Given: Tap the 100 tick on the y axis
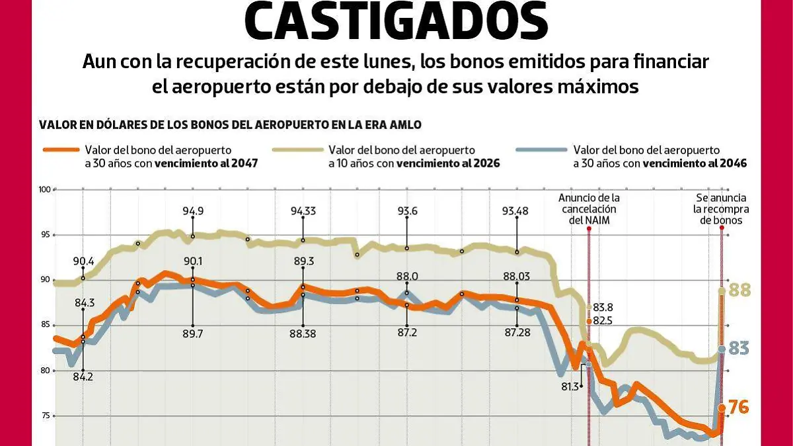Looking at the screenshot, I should pyautogui.click(x=44, y=190).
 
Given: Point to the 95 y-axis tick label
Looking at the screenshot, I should pyautogui.click(x=46, y=235).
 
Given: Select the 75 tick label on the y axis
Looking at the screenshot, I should pyautogui.click(x=46, y=416).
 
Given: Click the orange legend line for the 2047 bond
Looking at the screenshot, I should pyautogui.click(x=60, y=150).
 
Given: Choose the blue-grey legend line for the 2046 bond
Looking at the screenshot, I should pyautogui.click(x=549, y=150).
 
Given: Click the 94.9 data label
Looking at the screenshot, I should pyautogui.click(x=193, y=211).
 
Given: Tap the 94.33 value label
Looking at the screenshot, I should pyautogui.click(x=303, y=211).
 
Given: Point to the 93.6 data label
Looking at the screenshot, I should pyautogui.click(x=407, y=211).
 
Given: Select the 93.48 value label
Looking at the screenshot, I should pyautogui.click(x=517, y=211).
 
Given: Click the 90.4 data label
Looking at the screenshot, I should pyautogui.click(x=83, y=261).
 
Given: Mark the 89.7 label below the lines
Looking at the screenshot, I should pyautogui.click(x=193, y=334).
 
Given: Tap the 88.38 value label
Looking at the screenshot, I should pyautogui.click(x=303, y=334).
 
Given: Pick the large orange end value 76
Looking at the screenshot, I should pyautogui.click(x=737, y=408).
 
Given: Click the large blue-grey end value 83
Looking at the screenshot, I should pyautogui.click(x=739, y=348).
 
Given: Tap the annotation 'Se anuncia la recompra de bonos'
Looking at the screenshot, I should pyautogui.click(x=720, y=208).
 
